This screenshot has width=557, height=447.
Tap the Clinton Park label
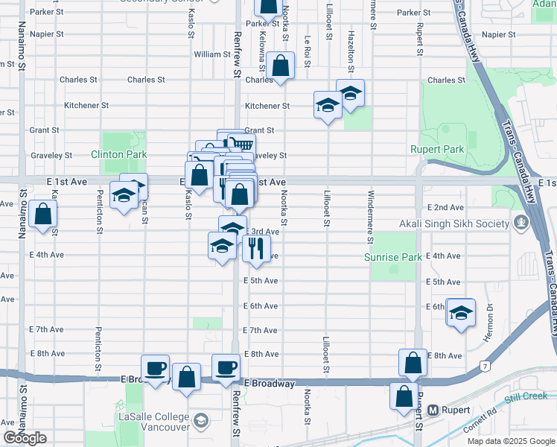coord(118,154)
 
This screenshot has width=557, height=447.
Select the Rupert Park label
coord(437,149)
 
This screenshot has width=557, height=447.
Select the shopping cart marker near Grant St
coord(241,143)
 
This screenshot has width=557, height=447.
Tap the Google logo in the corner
coord(25,438)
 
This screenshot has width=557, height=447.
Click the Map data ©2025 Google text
coord(511,441)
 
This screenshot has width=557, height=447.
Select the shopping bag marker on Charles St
coord(281,66)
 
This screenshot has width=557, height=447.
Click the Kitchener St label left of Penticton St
coord(86,106)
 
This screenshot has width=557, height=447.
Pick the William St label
coord(212,54)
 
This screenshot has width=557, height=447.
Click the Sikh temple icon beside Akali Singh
coord(521,223)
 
